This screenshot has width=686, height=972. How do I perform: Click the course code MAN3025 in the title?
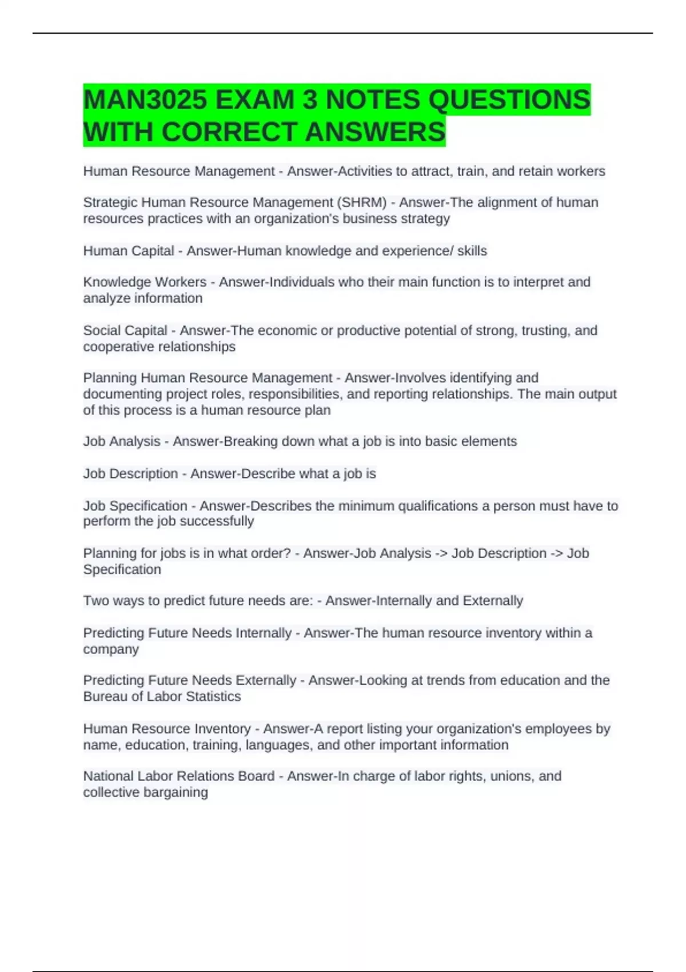pyautogui.click(x=145, y=100)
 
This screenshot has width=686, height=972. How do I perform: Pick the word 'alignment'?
pyautogui.click(x=511, y=202)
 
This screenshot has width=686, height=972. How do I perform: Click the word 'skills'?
pyautogui.click(x=472, y=250)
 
